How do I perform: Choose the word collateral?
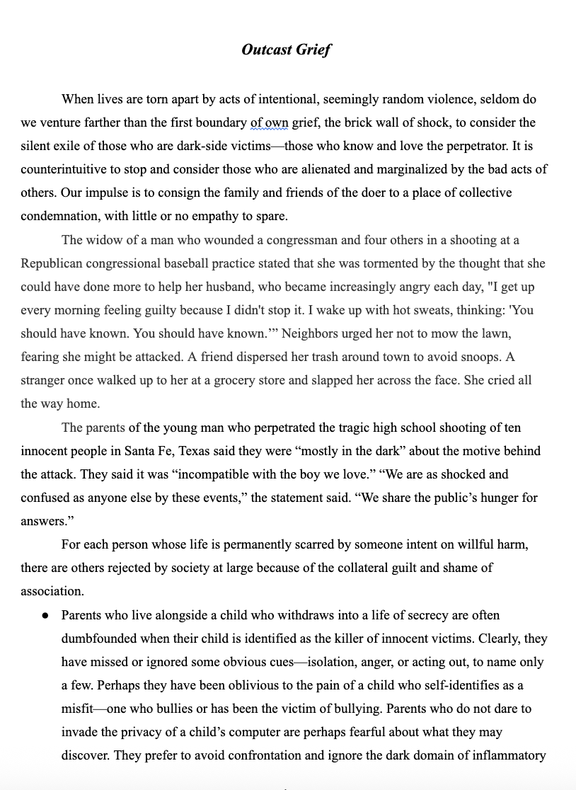(363, 568)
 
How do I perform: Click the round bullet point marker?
(45, 616)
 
